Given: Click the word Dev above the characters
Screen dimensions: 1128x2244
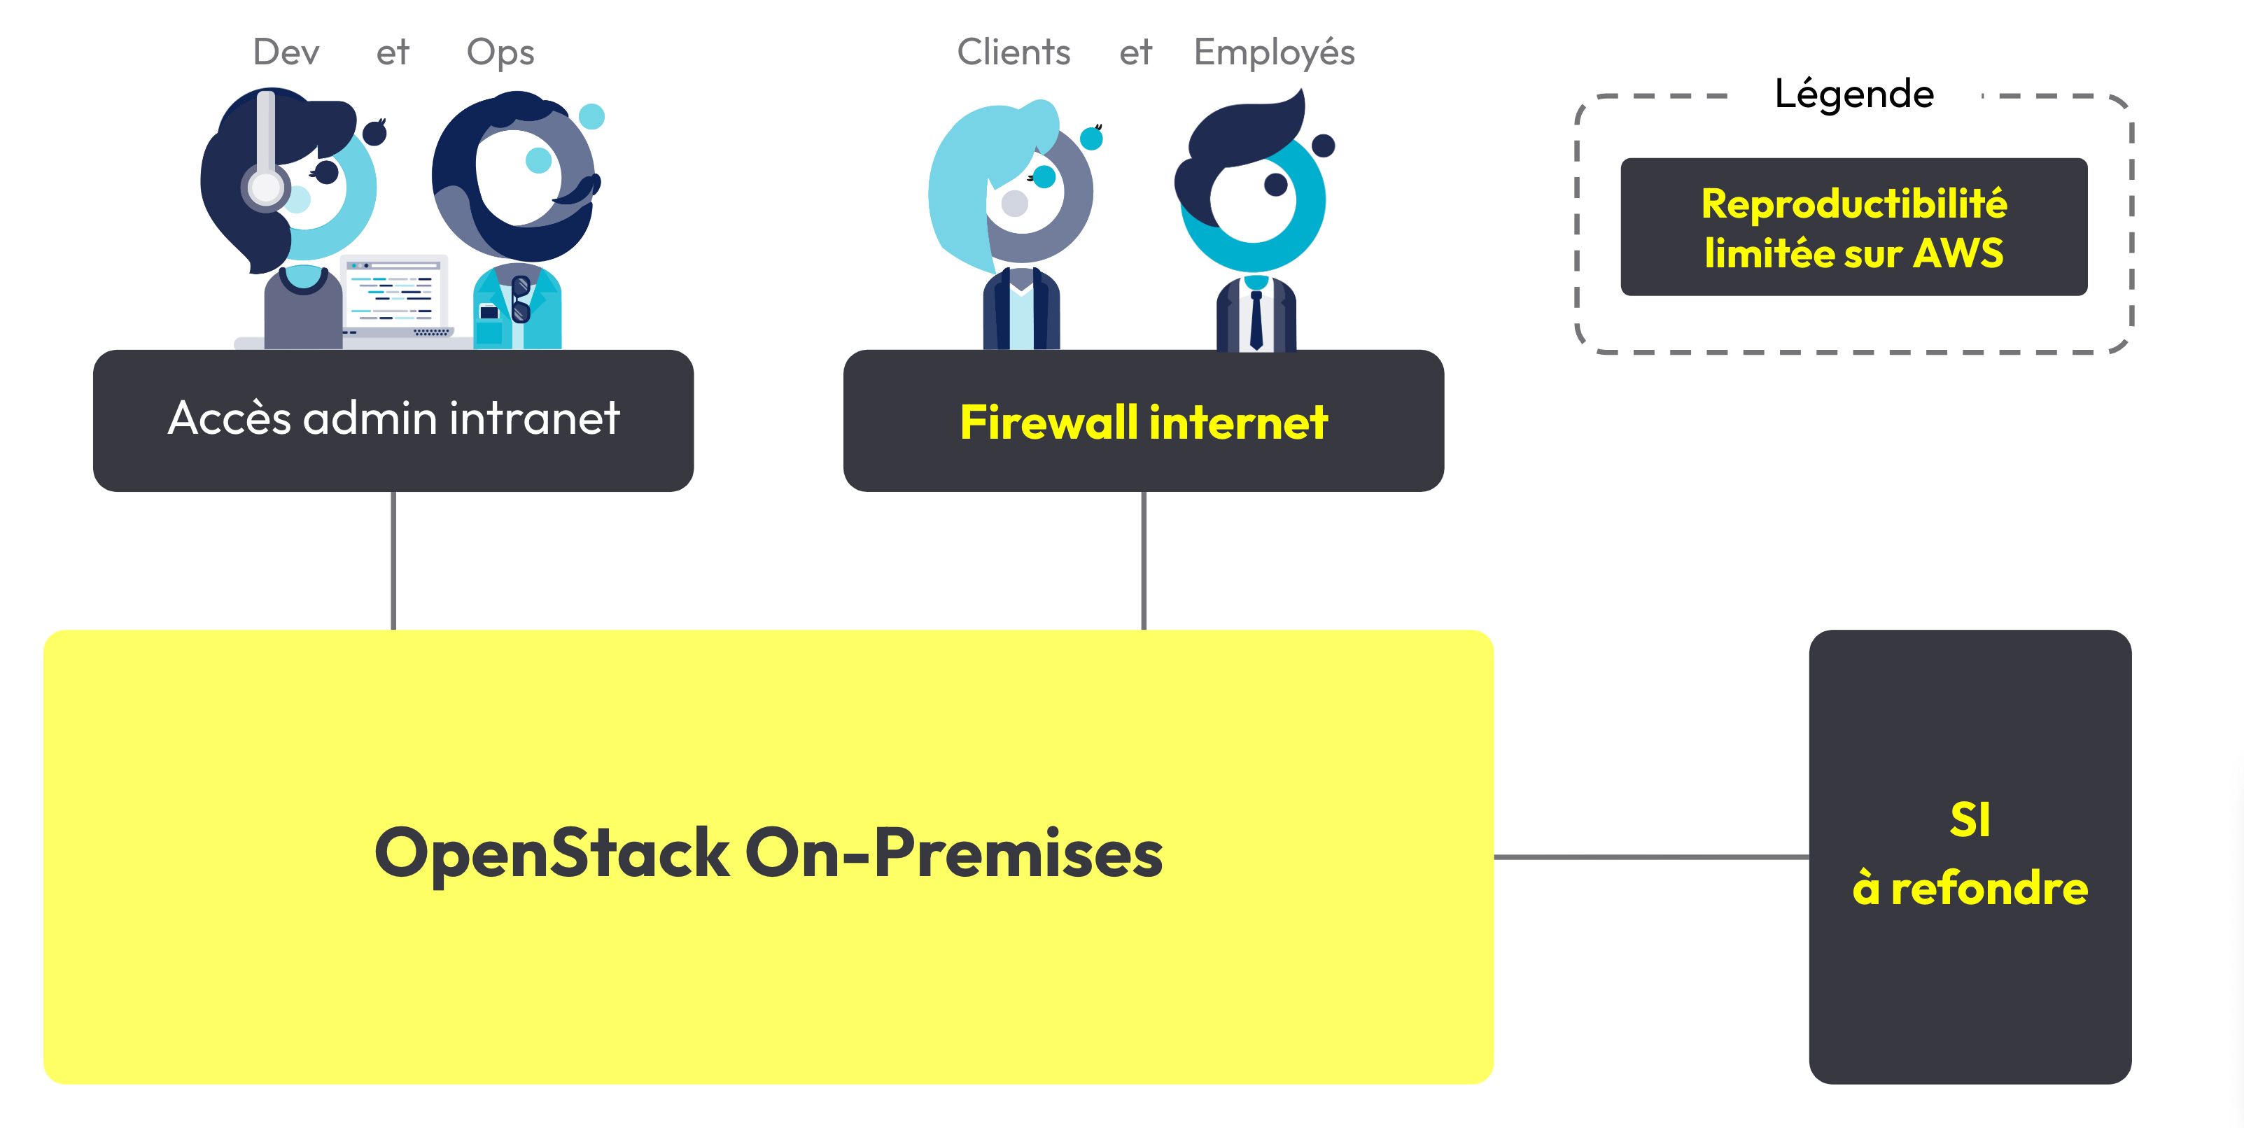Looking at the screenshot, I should coord(286,52).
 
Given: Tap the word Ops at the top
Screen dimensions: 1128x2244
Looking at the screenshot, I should coord(500,52).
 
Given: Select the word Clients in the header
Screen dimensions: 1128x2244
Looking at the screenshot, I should coord(1013,52).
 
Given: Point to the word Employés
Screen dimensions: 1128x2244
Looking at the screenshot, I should coord(1274,52).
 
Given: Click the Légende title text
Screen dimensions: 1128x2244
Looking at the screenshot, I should coord(1853,93).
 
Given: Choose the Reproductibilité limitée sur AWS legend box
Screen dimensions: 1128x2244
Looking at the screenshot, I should coord(1853,227).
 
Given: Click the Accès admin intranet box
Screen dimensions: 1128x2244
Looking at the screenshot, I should coord(393,420).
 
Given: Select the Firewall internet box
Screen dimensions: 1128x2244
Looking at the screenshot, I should coord(1143,421).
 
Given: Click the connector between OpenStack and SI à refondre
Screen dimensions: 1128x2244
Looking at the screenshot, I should coord(1650,857).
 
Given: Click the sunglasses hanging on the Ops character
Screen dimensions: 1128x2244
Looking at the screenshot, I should coord(521,299).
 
